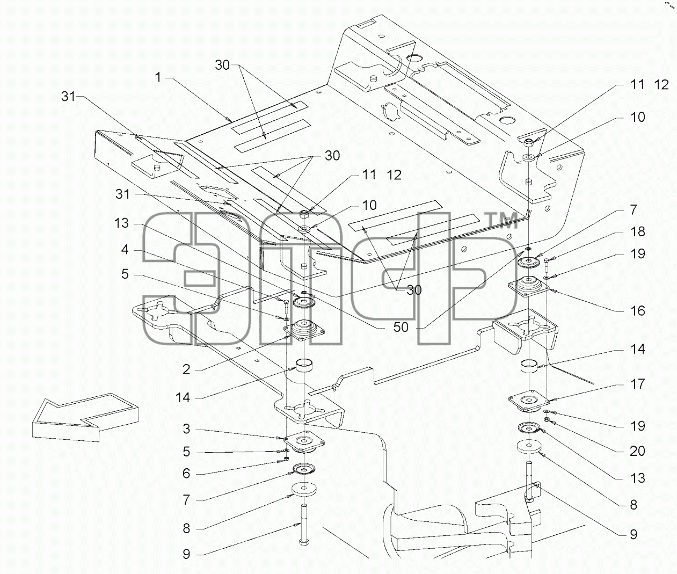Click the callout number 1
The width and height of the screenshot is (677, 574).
pos(158,77)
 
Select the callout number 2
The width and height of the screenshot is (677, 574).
pos(186,369)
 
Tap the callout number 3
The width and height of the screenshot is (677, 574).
pos(186,429)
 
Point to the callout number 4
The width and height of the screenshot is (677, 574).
pos(125,250)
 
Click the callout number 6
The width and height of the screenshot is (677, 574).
pos(186,474)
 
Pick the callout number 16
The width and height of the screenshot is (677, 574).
pos(637,310)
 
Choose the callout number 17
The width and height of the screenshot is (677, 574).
pos(637,384)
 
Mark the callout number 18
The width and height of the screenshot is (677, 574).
pos(637,231)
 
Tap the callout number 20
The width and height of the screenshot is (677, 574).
pos(637,451)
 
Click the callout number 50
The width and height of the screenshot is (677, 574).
pos(401,326)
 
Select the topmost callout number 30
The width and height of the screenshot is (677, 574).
pos(222,65)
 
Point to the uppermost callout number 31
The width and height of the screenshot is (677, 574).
pos(68,97)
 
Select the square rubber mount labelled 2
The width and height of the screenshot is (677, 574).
pos(304,331)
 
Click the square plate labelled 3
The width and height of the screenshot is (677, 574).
pos(304,443)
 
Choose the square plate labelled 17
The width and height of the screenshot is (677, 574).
pos(529,401)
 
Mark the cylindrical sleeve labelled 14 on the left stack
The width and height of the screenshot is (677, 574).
pos(304,366)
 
